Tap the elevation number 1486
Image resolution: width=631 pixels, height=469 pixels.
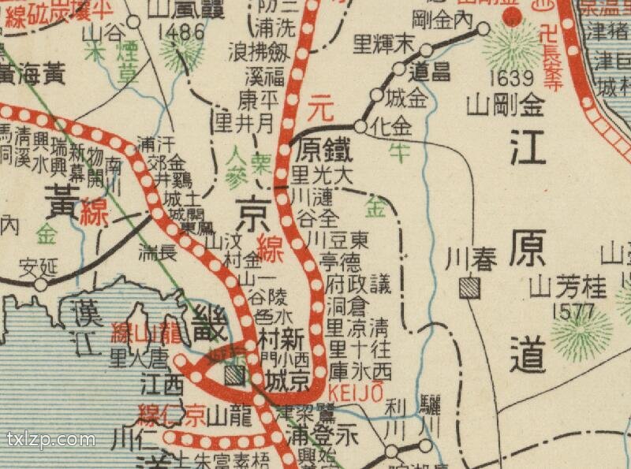pyautogui.click(x=181, y=32)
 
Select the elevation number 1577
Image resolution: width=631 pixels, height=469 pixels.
pyautogui.click(x=574, y=310)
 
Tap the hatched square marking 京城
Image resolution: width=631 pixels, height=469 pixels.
pyautogui.click(x=234, y=375)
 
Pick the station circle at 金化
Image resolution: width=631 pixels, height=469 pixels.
pyautogui.click(x=360, y=126)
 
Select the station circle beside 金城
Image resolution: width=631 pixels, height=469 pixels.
pyautogui.click(x=376, y=96)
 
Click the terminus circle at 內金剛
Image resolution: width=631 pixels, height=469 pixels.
pyautogui.click(x=484, y=30)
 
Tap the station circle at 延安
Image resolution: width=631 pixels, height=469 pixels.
pyautogui.click(x=41, y=284)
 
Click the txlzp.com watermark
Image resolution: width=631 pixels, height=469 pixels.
pyautogui.click(x=51, y=440)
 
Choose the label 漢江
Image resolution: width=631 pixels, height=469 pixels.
pyautogui.click(x=82, y=322)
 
